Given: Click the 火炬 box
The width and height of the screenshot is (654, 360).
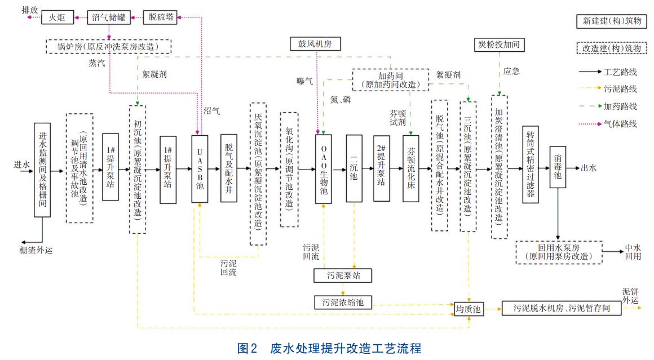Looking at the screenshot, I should click(x=58, y=17).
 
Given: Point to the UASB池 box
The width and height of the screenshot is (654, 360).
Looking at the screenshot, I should click(x=200, y=168).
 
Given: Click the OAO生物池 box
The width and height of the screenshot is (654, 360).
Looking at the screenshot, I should click(x=324, y=168).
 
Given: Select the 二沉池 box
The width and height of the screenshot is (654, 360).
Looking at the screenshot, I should click(x=353, y=168).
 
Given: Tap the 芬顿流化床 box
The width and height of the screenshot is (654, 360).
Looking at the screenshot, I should click(x=411, y=168).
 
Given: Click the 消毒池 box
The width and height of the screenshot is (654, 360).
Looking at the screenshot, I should click(x=558, y=168).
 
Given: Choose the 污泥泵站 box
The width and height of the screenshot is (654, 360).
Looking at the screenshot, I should click(x=343, y=275).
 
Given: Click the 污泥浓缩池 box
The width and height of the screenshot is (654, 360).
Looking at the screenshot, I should click(x=343, y=302).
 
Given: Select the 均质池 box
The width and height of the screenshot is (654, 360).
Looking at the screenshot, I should click(x=469, y=309).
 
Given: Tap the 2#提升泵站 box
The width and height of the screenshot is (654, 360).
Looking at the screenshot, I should click(x=382, y=168).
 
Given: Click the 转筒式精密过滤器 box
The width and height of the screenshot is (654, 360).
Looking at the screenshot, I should click(x=531, y=164).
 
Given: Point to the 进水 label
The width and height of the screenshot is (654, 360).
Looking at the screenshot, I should click(x=21, y=165).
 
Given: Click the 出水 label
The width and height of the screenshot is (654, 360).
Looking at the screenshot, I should click(x=589, y=168).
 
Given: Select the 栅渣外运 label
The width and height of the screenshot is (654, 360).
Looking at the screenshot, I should click(x=36, y=250).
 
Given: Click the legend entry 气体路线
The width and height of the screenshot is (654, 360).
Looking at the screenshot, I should click(x=620, y=123).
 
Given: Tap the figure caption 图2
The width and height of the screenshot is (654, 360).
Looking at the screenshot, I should click(x=248, y=348).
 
